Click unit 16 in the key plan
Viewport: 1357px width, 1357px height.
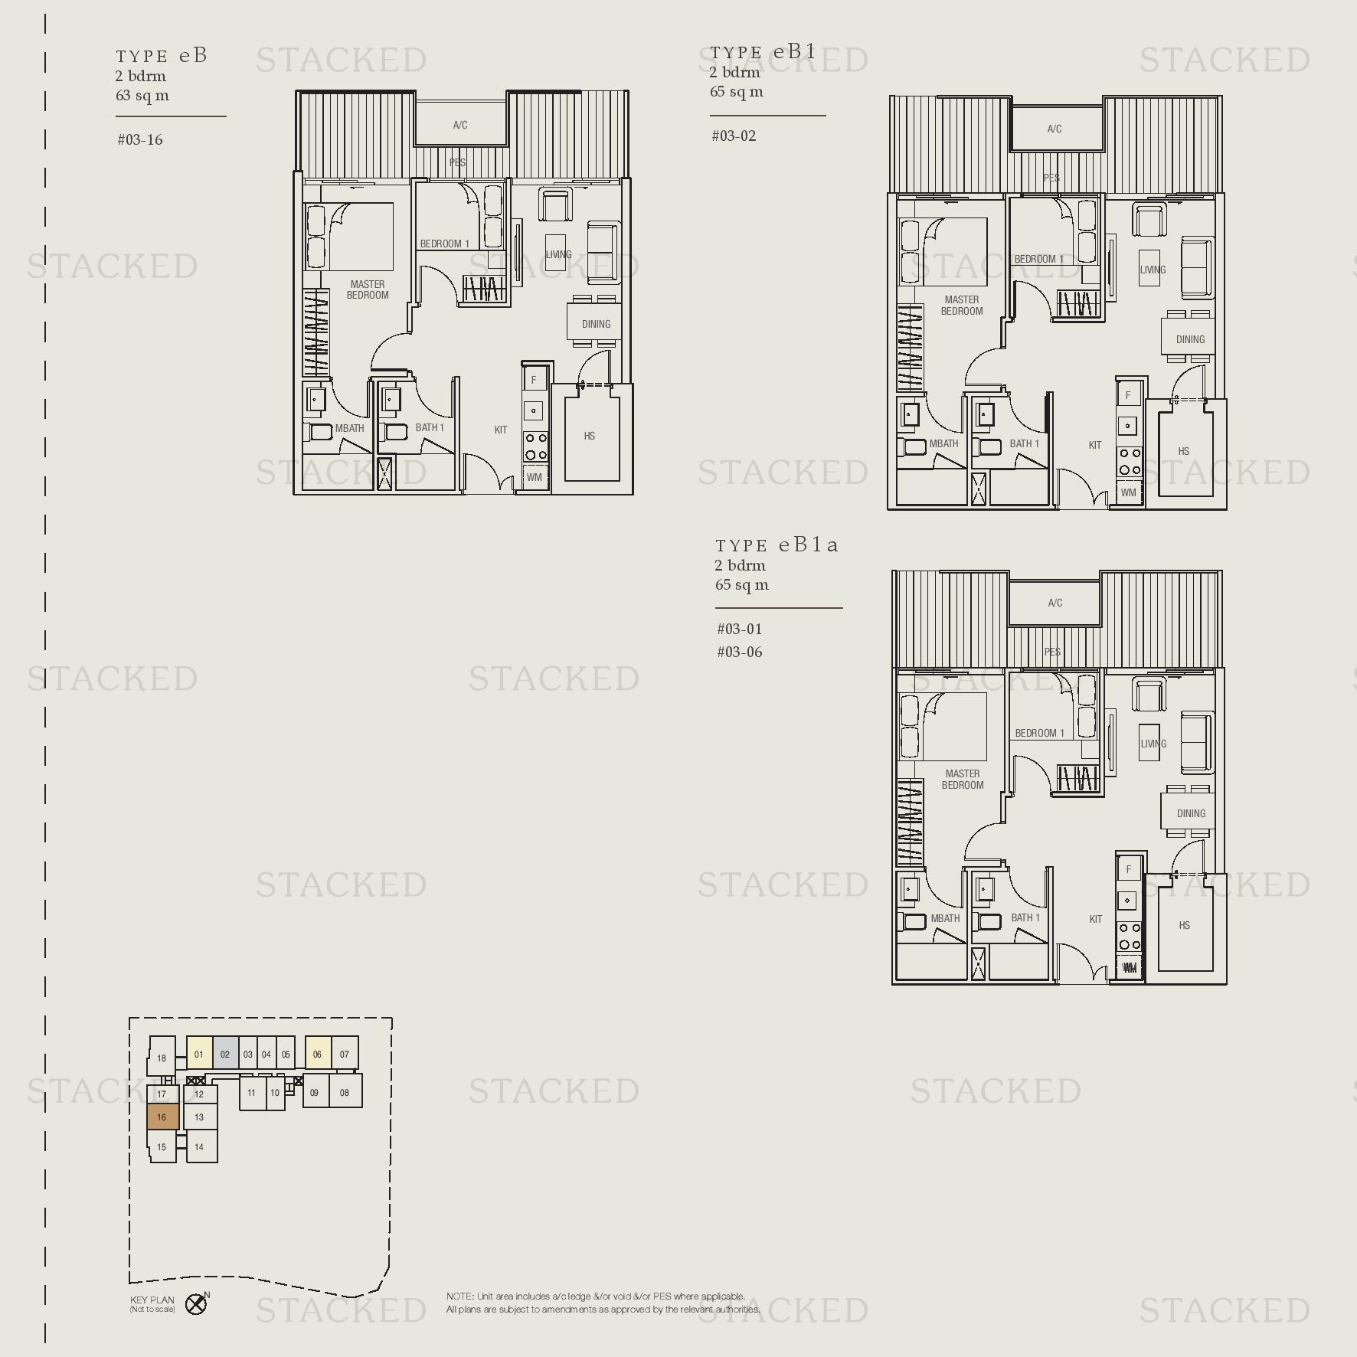point(162,1117)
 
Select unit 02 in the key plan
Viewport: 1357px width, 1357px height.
point(225,1055)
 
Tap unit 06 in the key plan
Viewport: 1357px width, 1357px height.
point(317,1055)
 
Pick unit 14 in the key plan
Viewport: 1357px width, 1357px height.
point(199,1147)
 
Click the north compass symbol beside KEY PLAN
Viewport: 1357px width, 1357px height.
point(197,1304)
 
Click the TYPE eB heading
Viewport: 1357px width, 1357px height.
point(162,56)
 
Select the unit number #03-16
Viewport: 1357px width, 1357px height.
point(140,140)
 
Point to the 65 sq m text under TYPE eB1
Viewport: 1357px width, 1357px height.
point(736,92)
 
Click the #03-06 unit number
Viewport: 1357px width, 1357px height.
point(740,652)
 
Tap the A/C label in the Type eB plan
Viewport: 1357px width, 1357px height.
point(460,126)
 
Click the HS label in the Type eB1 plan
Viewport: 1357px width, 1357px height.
point(1184,452)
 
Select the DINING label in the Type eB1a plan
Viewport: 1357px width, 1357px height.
point(1191,813)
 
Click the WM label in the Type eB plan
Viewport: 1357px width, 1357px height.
point(535,478)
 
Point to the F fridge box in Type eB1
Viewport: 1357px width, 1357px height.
point(1127,396)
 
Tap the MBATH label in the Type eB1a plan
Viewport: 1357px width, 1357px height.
point(945,918)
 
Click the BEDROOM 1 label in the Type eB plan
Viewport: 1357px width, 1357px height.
point(444,244)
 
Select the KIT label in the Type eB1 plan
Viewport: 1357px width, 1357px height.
point(1095,445)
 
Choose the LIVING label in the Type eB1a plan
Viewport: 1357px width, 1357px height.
point(1153,744)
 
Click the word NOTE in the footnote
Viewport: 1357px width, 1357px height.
point(459,1297)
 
